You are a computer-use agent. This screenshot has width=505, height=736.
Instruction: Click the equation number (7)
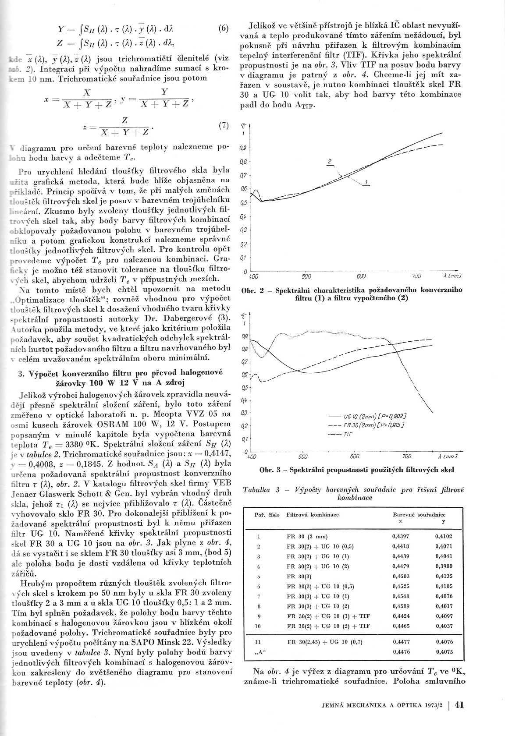click(x=223, y=126)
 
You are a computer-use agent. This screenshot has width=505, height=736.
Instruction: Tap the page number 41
click(x=460, y=705)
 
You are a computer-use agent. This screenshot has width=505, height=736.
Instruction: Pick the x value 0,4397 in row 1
click(x=401, y=536)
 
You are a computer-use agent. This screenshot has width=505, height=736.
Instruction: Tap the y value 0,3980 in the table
click(x=444, y=567)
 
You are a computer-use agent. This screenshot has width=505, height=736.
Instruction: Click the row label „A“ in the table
click(x=259, y=652)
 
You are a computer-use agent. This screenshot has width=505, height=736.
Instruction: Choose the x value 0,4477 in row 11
click(x=402, y=642)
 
